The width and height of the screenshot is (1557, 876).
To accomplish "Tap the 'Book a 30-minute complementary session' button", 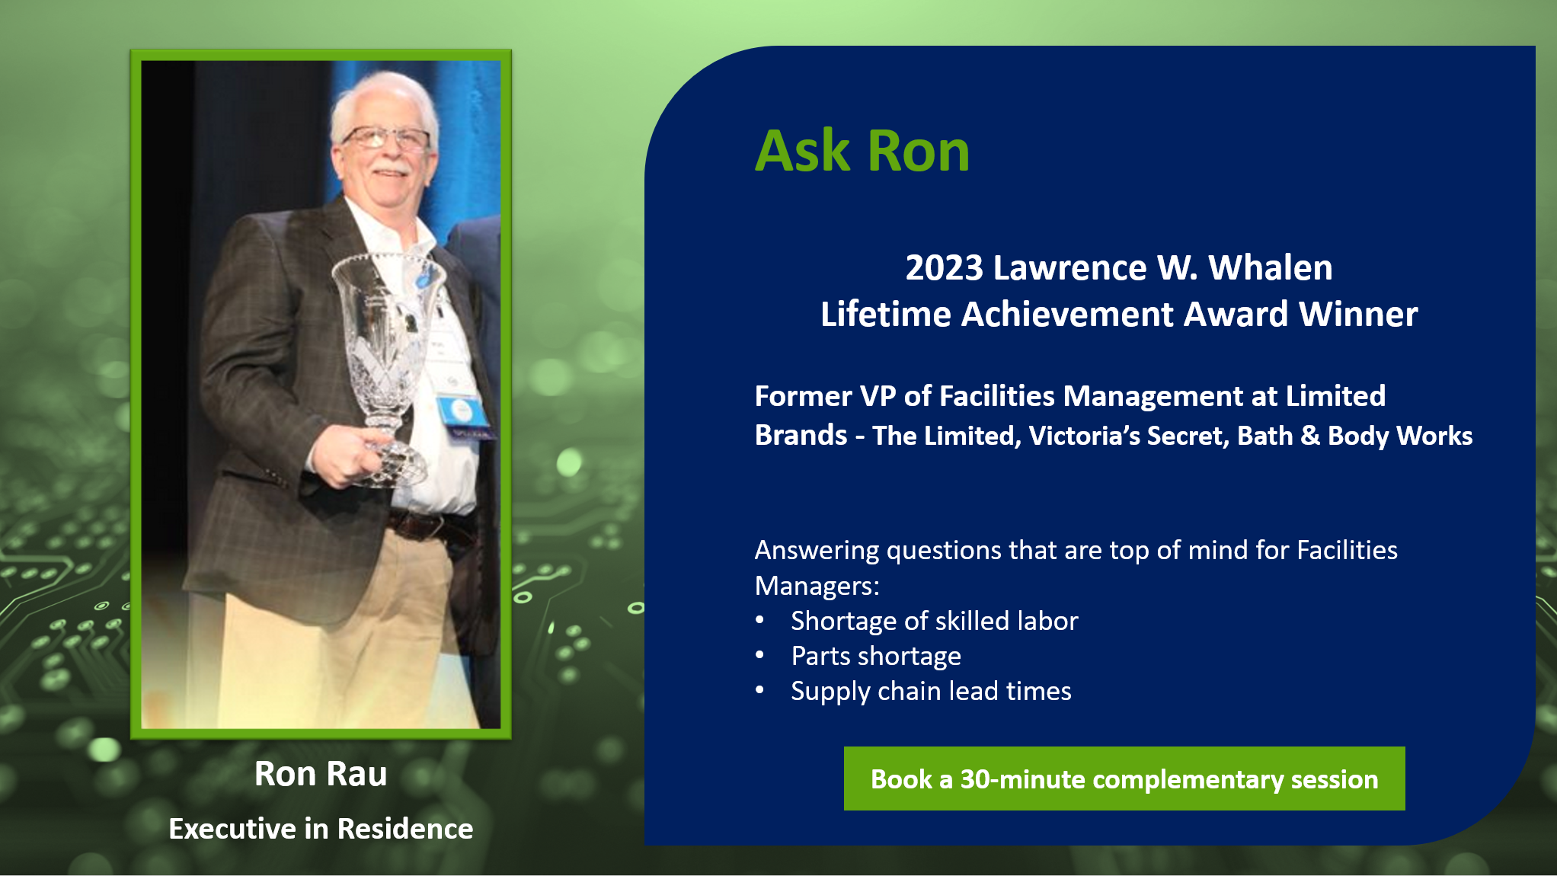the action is coord(1124,778).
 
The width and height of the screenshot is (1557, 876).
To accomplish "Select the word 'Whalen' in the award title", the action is coord(1271,267).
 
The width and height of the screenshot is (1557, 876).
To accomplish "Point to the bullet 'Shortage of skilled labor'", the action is coord(935,621).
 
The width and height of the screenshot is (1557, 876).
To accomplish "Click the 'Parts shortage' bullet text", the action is coord(876,656).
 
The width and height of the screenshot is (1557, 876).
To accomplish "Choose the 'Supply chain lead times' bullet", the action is coord(931,691).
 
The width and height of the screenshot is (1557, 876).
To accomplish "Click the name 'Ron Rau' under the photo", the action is coord(321,774).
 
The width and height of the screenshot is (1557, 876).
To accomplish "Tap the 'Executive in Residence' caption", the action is coord(321,829).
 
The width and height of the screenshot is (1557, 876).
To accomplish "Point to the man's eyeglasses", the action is coord(386,139).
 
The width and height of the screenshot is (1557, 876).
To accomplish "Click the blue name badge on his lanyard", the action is coord(462,412).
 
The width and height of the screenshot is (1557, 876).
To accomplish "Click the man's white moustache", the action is coord(391,166).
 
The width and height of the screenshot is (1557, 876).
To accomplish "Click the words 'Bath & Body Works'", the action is coord(1354,436).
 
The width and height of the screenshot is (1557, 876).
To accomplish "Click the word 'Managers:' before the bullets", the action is coord(817,586).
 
